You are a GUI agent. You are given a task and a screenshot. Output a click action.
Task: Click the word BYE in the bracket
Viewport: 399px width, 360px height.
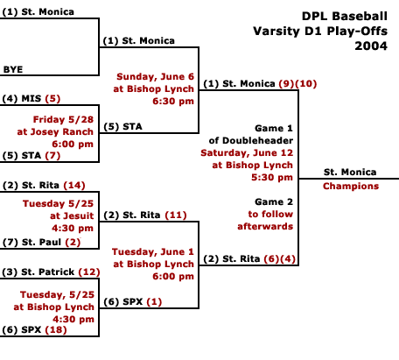[13, 69]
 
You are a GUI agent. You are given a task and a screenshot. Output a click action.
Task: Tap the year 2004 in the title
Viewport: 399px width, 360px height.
[371, 46]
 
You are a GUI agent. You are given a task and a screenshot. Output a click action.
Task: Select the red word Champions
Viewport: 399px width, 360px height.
[351, 187]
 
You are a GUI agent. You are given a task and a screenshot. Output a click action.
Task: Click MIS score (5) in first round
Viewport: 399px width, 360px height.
[52, 98]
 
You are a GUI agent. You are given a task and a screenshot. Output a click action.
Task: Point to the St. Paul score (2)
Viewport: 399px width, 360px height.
[73, 242]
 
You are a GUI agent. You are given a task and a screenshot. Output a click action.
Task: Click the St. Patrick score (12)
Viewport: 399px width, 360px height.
[89, 272]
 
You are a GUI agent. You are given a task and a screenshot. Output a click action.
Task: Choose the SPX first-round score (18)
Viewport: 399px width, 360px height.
[56, 329]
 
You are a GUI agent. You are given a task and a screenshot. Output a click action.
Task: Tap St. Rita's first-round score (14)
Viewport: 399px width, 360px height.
[74, 185]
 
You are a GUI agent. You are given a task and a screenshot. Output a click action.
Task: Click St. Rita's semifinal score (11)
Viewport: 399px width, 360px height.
[176, 215]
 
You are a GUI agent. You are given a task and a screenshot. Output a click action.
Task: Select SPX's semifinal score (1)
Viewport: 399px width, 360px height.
[154, 301]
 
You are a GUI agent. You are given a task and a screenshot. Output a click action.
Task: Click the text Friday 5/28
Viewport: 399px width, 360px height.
[63, 119]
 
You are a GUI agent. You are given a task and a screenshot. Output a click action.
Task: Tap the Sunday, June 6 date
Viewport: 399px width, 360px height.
[155, 77]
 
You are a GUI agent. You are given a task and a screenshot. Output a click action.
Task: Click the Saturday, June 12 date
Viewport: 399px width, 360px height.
[247, 153]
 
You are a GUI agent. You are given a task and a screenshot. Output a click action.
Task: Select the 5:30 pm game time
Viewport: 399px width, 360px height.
[272, 177]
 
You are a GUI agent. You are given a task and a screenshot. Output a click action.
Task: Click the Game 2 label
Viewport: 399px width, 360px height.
[274, 201]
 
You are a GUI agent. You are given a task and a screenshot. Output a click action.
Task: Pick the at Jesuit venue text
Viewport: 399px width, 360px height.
[72, 215]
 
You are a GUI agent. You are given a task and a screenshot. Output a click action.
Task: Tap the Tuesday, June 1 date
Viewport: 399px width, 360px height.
[153, 251]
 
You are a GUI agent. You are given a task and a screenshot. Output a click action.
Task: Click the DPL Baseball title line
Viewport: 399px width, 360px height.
[345, 16]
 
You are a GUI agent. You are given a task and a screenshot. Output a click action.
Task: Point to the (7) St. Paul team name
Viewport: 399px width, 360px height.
[31, 242]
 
